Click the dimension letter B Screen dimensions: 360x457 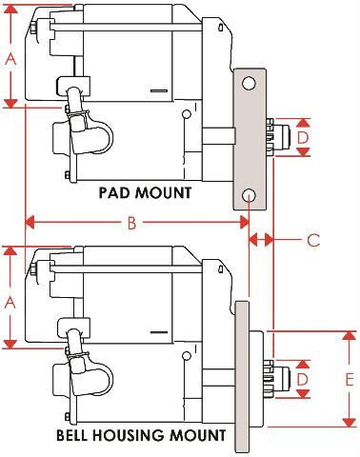coord(131,223)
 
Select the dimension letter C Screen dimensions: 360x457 coord(313,240)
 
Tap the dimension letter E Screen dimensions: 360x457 coord(350,380)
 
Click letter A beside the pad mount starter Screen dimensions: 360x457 coord(10,59)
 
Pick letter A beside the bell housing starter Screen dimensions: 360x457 coord(10,302)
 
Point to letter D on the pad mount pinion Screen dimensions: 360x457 coord(303,138)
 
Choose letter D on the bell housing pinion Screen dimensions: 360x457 coord(303,379)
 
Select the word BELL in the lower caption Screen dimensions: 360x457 coord(72,435)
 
